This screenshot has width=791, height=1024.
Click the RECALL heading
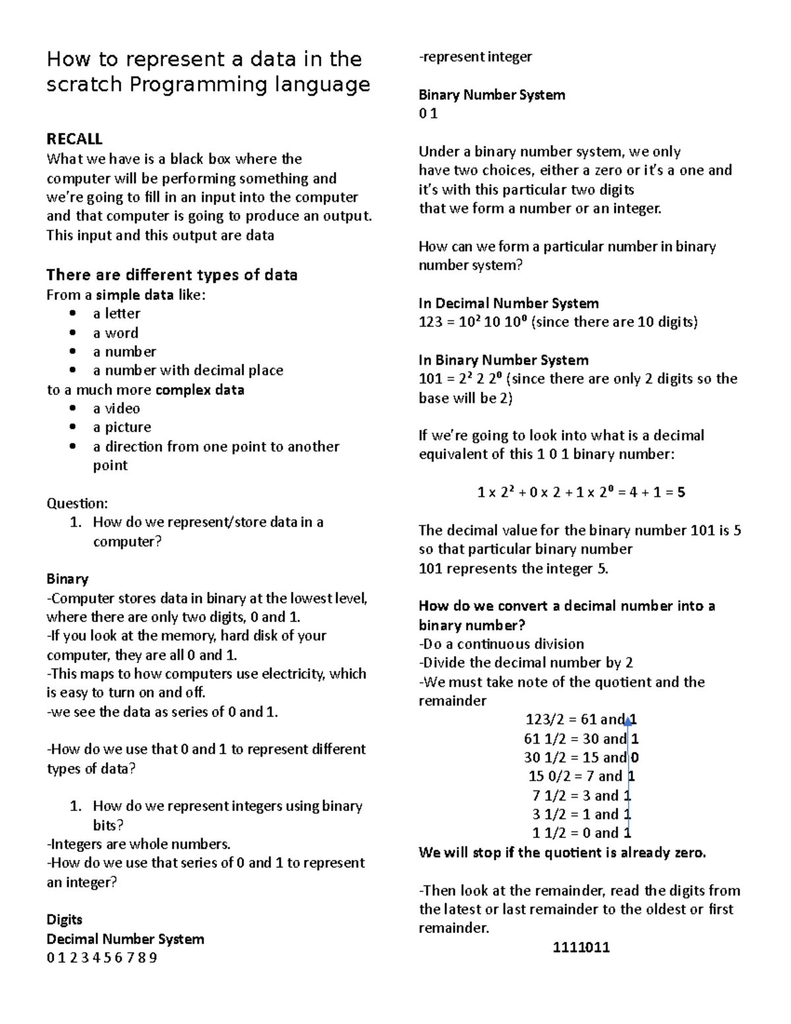coord(74,139)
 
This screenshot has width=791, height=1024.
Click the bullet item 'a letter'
coord(117,314)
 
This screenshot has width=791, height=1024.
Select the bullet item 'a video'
coord(117,409)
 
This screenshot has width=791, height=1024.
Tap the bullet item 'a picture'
coord(122,427)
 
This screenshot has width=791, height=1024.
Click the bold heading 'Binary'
coord(67,580)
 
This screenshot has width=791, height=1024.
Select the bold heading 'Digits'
coord(65,920)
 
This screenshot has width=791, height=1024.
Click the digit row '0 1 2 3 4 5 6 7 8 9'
coord(102,958)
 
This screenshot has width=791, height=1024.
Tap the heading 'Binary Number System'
coord(492,95)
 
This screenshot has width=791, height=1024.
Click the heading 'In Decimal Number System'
coord(508,303)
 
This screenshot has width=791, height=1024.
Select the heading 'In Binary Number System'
coord(504,361)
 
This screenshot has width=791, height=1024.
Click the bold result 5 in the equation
coord(681,493)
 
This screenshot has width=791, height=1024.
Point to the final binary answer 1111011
coord(581,948)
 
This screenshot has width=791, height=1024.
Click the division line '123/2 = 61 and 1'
coord(580,720)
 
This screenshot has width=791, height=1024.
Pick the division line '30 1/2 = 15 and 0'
coord(580,758)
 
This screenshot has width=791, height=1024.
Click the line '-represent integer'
coord(475,57)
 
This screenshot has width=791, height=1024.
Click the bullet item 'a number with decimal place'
coord(188,371)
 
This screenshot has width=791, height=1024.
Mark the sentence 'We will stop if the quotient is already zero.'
coord(562,853)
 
